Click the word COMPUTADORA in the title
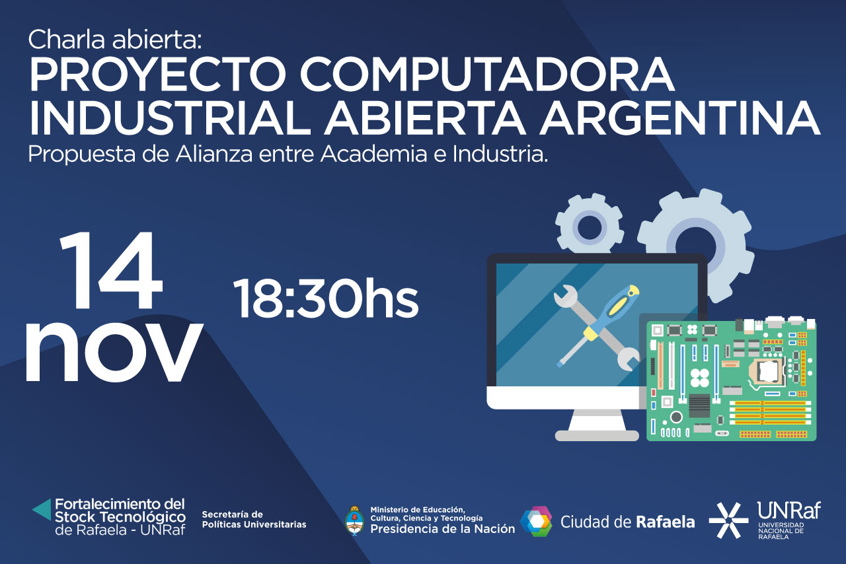(x=487, y=74)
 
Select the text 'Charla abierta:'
(x=115, y=40)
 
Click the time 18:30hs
(x=326, y=299)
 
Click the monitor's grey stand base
(x=597, y=435)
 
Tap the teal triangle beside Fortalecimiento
(x=42, y=510)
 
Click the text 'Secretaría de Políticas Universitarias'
(x=254, y=520)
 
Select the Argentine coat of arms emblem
(x=354, y=521)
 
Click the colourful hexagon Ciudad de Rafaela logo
(x=536, y=521)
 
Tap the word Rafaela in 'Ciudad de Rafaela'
(x=666, y=522)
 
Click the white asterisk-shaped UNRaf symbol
(x=728, y=520)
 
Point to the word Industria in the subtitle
(x=500, y=154)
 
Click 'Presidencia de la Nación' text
(x=442, y=529)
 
